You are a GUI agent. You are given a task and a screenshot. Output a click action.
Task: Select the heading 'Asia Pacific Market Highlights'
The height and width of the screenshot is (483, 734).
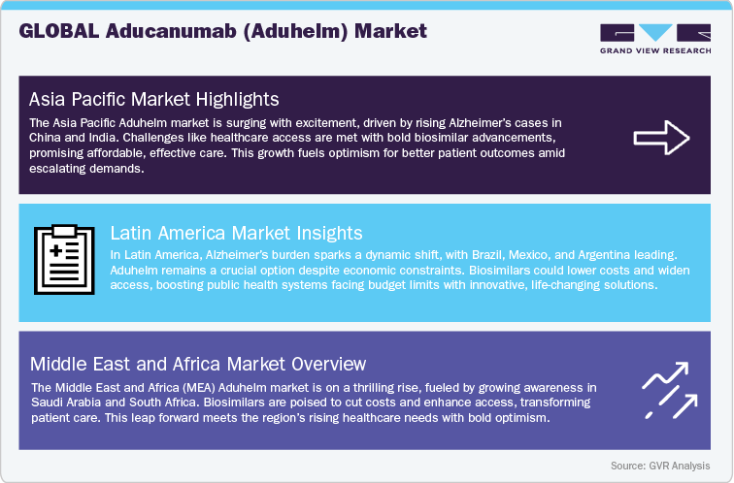[x=154, y=99]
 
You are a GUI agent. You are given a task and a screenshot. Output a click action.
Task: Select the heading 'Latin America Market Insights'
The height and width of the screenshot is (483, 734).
[x=236, y=233]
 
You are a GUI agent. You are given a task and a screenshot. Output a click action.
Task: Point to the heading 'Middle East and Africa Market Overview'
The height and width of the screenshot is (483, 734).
[x=197, y=364]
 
